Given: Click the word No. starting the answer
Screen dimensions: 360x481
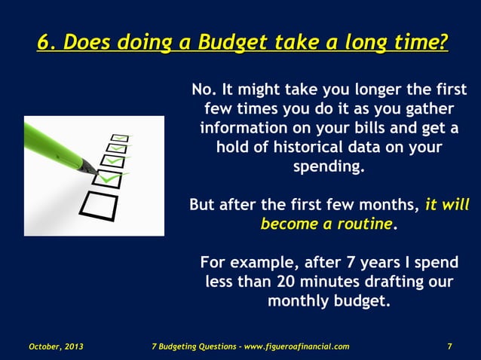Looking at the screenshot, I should tap(204, 90).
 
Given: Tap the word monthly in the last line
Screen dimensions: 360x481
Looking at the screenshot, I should tap(299, 301).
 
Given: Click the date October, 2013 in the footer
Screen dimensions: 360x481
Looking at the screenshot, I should tap(56, 346).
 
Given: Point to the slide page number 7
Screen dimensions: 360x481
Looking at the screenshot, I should tap(449, 346).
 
